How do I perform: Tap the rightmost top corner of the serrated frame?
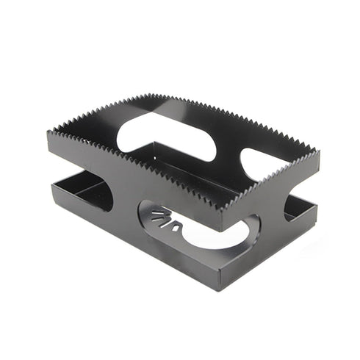(317, 152)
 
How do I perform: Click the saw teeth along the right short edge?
(272, 184)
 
